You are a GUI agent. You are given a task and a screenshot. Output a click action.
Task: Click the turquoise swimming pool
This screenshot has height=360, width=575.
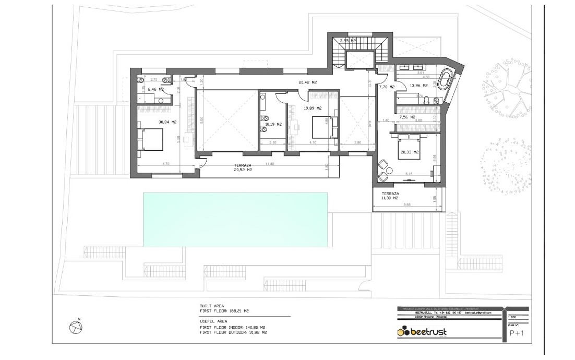(235, 219)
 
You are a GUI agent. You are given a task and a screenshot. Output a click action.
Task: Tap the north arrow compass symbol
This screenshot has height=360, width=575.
(76, 326)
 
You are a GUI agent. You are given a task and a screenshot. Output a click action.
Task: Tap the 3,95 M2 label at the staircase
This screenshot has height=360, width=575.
(348, 41)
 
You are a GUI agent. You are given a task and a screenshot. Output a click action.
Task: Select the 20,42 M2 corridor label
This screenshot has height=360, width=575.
(308, 82)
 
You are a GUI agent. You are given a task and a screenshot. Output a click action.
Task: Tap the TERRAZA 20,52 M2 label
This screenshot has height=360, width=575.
(243, 167)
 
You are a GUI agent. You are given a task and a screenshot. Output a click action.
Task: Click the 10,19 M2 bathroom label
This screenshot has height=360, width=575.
(273, 125)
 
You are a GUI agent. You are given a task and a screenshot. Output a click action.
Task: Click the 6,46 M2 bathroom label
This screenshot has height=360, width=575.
(155, 90)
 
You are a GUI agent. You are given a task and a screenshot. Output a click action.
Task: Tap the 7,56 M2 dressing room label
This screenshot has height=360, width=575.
(407, 118)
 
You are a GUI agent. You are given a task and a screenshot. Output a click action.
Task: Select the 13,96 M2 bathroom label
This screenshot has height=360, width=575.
(418, 86)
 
